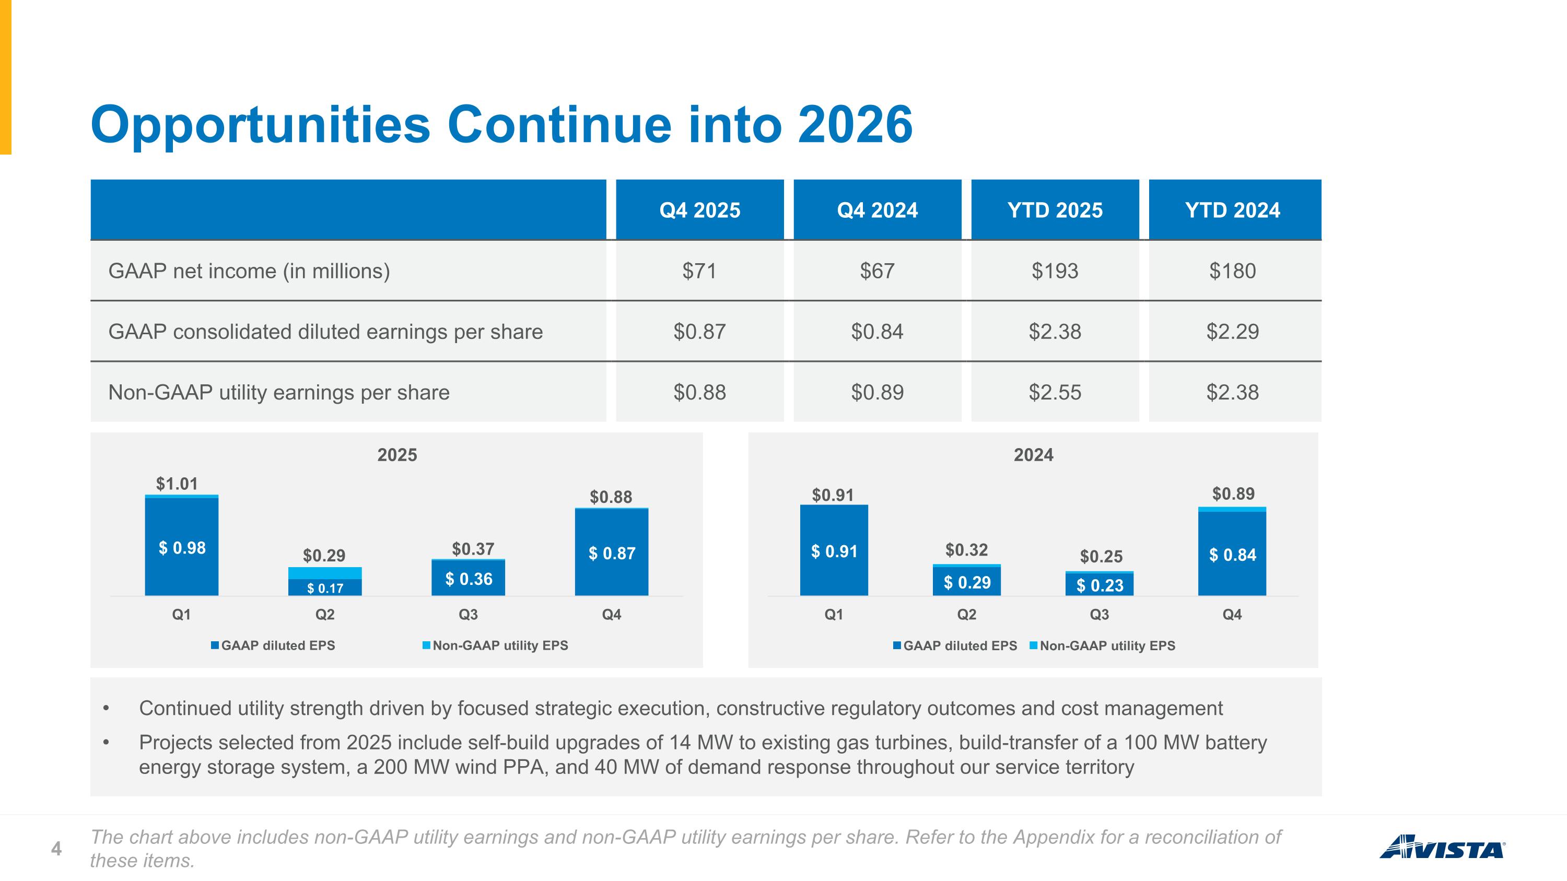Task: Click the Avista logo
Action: tap(1442, 847)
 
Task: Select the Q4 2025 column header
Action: tap(699, 210)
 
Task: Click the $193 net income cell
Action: tap(1055, 271)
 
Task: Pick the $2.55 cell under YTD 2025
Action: tap(1055, 392)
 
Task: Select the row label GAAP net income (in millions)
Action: tap(249, 271)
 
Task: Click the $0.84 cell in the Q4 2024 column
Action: tap(877, 332)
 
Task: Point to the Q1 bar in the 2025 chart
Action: tap(181, 545)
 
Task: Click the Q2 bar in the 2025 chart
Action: tap(325, 581)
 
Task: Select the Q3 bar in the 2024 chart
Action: tap(1099, 583)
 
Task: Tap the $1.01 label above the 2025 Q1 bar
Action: tap(177, 484)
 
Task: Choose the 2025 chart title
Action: tap(397, 455)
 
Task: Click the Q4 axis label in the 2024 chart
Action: tap(1232, 615)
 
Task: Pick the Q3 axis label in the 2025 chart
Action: tap(469, 615)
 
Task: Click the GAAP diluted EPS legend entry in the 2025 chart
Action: tap(273, 645)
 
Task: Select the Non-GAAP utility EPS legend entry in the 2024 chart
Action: tap(1102, 645)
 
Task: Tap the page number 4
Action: tap(56, 849)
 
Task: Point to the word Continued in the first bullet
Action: tap(185, 708)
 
